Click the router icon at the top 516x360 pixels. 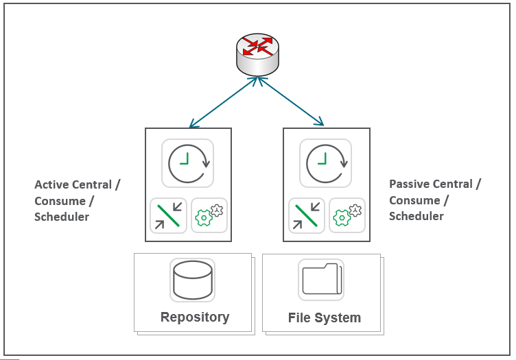coord(259,54)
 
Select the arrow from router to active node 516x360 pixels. coord(223,102)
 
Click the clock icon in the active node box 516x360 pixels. coord(188,163)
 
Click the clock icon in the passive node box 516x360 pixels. coord(326,163)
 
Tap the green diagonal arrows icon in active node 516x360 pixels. coord(168,215)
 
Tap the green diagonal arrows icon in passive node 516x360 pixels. coord(306,215)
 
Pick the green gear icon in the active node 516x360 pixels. coord(209,215)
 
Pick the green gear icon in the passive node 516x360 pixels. coord(347,215)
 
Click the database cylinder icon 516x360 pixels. coord(193,279)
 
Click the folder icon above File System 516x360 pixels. coord(321,279)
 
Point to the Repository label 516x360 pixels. coord(195,317)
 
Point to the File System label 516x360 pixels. coord(325,318)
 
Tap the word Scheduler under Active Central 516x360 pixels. coord(62,217)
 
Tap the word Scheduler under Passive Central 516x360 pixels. coord(417,216)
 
